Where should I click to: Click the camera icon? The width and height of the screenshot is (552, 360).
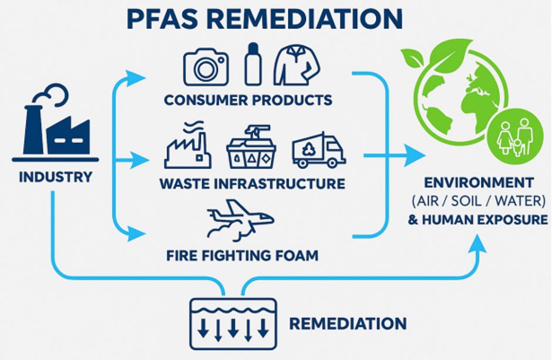coord(206,66)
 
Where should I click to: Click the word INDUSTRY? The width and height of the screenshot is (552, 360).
coord(55,176)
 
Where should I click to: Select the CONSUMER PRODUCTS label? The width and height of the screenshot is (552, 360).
coord(248,99)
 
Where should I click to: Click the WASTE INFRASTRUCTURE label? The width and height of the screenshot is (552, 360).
coord(252,183)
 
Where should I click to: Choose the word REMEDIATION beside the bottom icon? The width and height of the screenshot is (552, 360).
coord(348,323)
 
